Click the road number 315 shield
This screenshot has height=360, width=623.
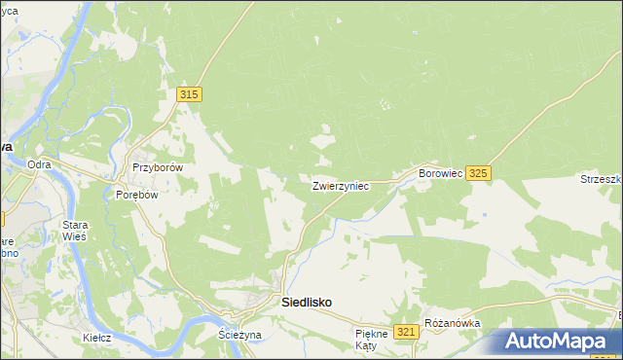pos(190,94)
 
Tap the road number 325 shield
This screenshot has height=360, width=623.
pos(477,172)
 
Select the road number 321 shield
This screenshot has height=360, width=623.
pos(407,333)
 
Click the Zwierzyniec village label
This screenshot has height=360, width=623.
pos(340,185)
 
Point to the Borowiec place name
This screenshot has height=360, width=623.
pos(439,172)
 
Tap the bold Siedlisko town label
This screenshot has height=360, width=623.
pos(307,303)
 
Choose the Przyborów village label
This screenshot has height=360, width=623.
pos(158,166)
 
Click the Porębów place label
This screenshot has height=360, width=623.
pos(136,194)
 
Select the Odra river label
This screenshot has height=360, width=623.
pos(39,164)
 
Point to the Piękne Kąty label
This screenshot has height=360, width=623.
pos(371,340)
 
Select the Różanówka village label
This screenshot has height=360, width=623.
pos(448,322)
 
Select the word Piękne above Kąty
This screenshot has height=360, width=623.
pos(372,334)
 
